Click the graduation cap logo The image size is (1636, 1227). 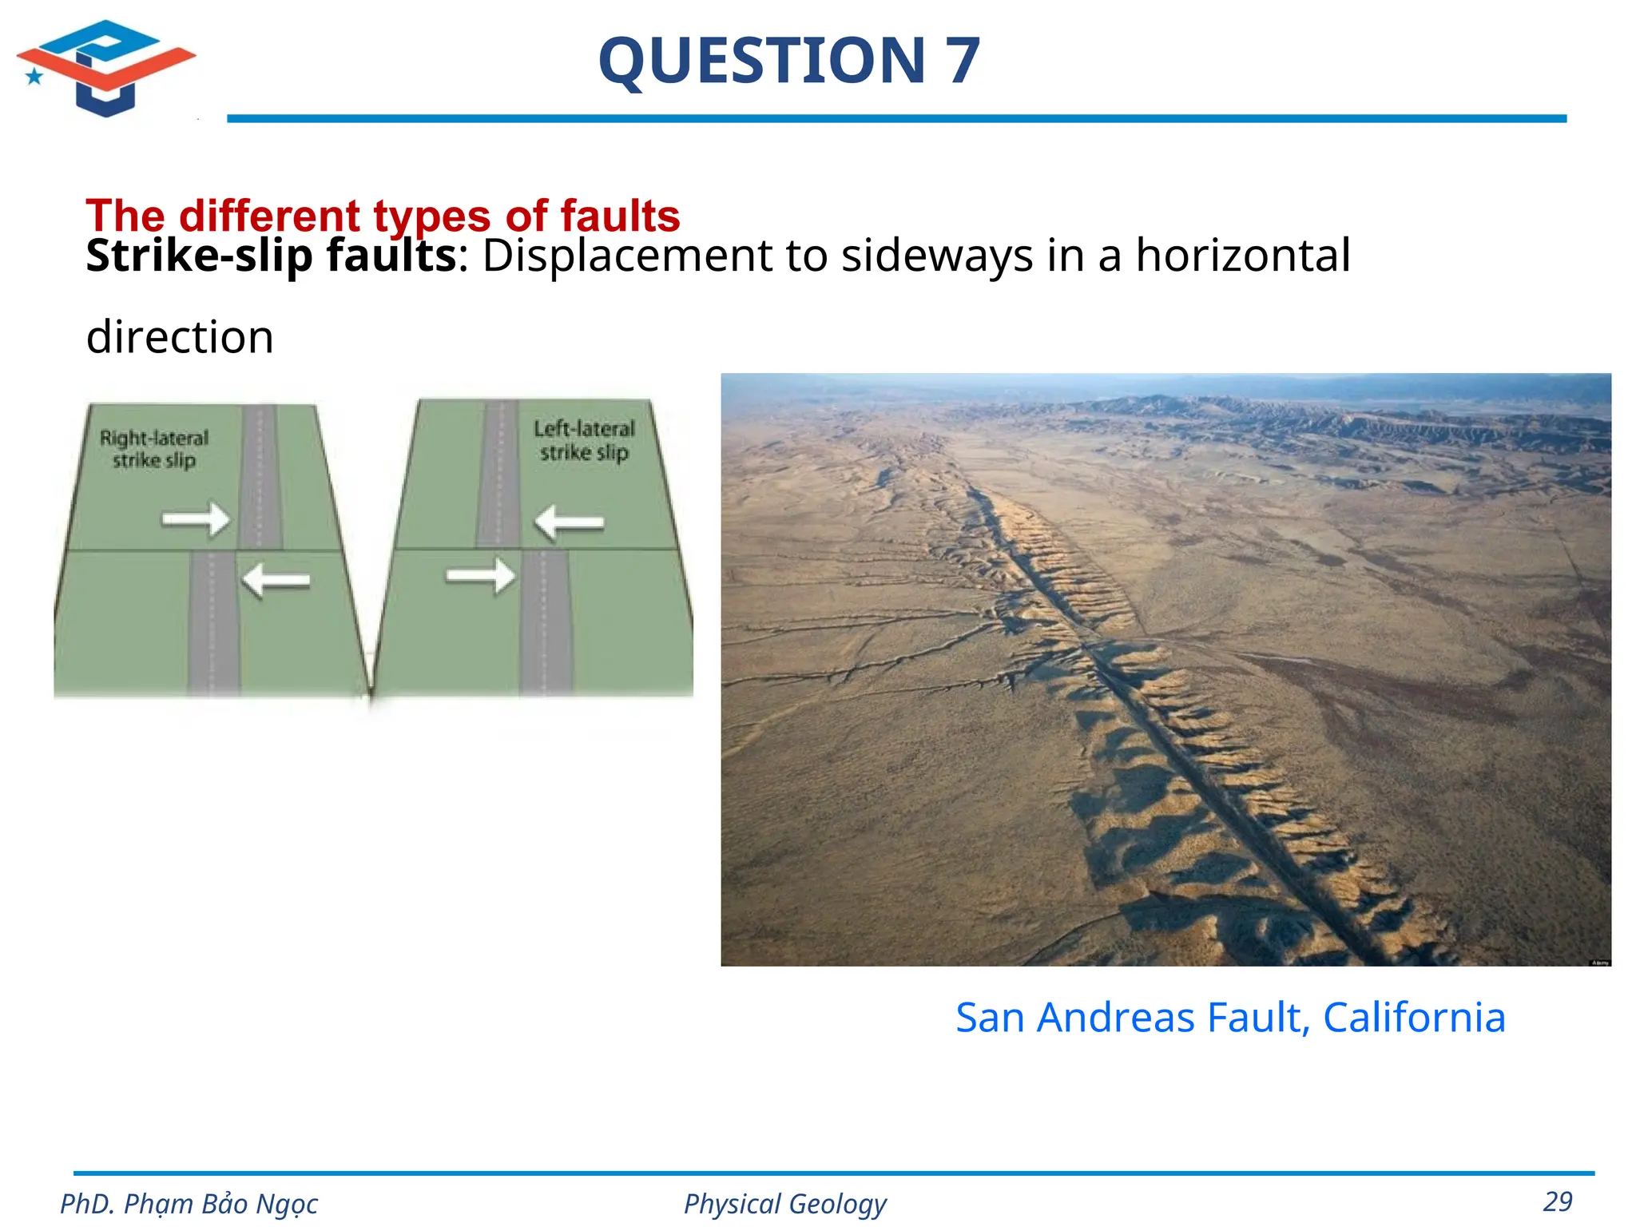106,67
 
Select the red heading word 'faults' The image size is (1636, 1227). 620,216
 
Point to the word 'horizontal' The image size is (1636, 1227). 1243,256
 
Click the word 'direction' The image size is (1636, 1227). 180,337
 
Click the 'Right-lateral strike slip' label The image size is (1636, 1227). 154,449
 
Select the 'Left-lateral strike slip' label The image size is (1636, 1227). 584,441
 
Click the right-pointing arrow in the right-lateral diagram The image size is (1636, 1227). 196,520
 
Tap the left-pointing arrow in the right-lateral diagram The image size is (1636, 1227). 276,581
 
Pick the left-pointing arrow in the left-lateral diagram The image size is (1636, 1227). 569,523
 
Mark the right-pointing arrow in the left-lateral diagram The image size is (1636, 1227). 481,576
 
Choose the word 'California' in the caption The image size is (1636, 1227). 1414,1018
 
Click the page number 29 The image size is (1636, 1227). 1558,1201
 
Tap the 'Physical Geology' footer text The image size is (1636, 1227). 784,1204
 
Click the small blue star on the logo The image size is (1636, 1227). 34,77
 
